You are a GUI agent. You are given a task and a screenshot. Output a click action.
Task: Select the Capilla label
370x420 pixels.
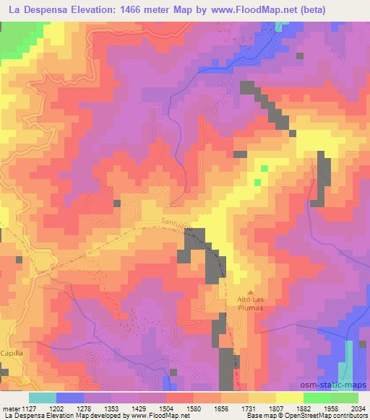[x=12, y=353]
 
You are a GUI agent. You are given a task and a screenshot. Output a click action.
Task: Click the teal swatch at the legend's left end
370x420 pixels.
[x=43, y=397]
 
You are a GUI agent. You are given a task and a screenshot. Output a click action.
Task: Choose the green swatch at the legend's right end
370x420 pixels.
[x=344, y=397]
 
